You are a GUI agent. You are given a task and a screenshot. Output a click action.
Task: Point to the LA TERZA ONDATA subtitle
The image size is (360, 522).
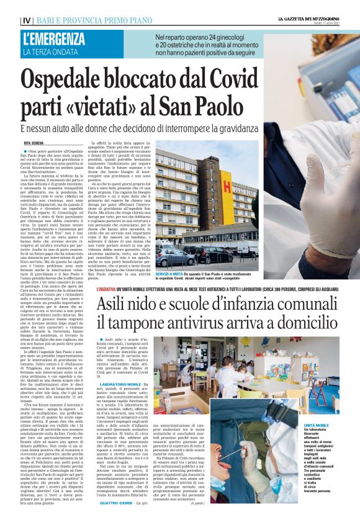[50, 52]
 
